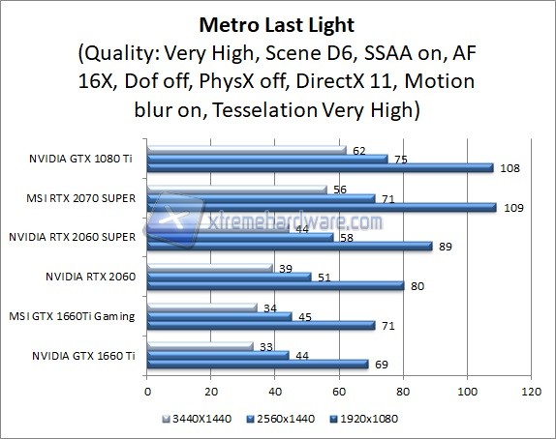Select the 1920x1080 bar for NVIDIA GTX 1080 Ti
pyautogui.click(x=320, y=168)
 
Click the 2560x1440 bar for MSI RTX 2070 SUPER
pyautogui.click(x=261, y=199)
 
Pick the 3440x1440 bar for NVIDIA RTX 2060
pyautogui.click(x=209, y=267)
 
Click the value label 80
pyautogui.click(x=416, y=286)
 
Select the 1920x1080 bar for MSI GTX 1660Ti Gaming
pyautogui.click(x=261, y=326)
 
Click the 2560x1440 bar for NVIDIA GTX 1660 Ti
pyautogui.click(x=217, y=355)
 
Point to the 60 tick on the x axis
pyautogui.click(x=339, y=393)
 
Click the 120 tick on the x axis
pyautogui.click(x=530, y=393)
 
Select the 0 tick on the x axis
pyautogui.click(x=147, y=393)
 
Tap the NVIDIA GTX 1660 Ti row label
pyautogui.click(x=85, y=354)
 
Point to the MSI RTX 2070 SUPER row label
pyautogui.click(x=83, y=197)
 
